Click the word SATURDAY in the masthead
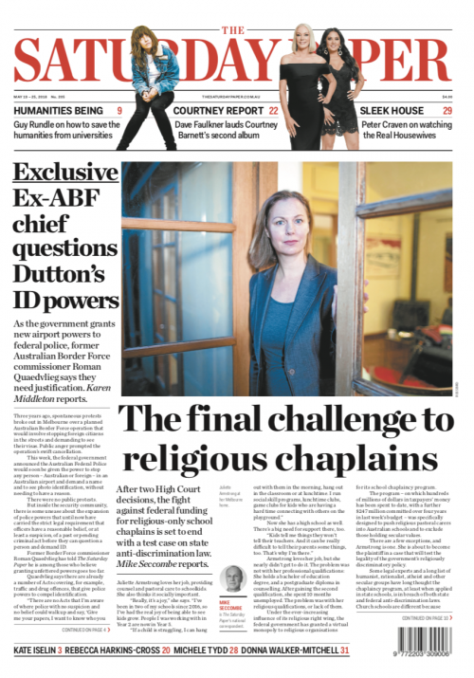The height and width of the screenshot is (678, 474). (x=142, y=62)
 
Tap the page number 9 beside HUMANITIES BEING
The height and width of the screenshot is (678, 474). (x=118, y=111)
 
